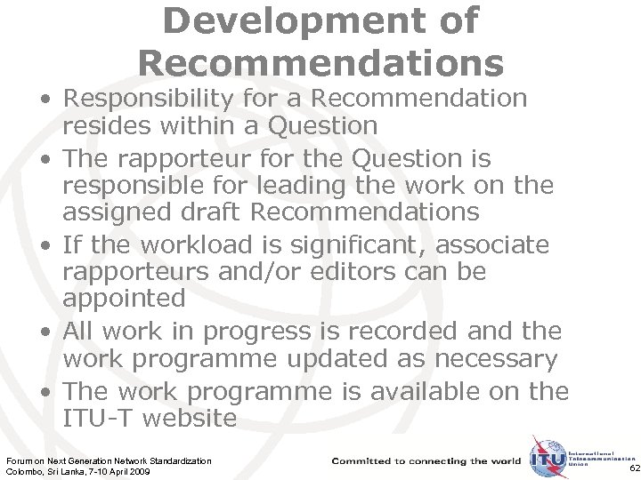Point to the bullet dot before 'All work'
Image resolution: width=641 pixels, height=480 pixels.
click(x=44, y=332)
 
